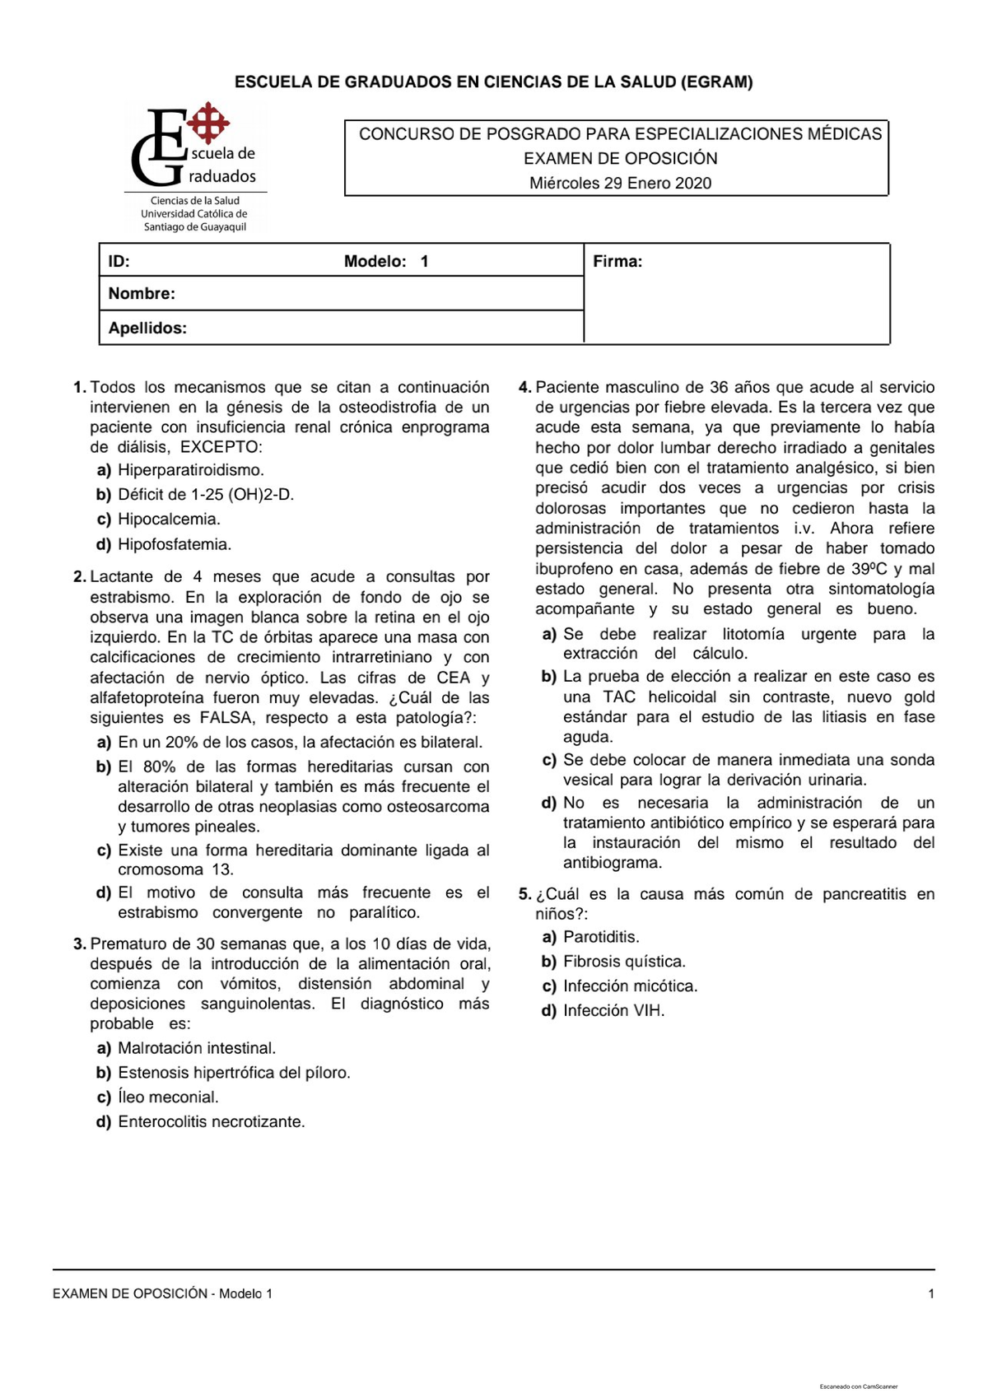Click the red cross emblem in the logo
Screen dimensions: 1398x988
point(208,123)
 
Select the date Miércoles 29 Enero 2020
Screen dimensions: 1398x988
point(620,183)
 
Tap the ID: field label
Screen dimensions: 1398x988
point(119,262)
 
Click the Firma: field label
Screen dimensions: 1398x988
point(617,262)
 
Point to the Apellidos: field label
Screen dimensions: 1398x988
point(147,328)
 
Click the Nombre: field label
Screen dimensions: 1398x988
point(142,293)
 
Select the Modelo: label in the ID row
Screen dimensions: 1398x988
point(375,262)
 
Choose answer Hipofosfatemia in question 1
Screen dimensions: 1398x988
point(175,544)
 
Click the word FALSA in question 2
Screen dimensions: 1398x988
point(227,717)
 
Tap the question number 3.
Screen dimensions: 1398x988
point(80,944)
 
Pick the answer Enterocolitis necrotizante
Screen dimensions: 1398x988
point(211,1121)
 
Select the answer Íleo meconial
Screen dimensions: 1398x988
point(168,1097)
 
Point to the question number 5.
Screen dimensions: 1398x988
point(524,894)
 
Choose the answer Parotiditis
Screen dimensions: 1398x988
point(601,936)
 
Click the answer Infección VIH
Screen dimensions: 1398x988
point(613,1010)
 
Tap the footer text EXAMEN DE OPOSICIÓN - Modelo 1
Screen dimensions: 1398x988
point(162,1293)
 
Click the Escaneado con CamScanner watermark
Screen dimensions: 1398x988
point(859,1386)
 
